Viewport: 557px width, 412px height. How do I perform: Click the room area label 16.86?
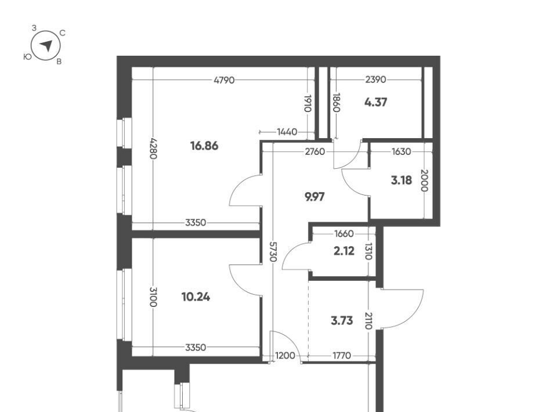(204, 146)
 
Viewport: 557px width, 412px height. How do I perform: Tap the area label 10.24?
(196, 297)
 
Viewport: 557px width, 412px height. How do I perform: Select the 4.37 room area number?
(375, 102)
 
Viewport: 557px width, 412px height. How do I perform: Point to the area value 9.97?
(314, 196)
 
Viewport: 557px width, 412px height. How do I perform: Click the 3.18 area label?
(402, 180)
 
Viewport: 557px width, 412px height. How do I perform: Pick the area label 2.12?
(344, 251)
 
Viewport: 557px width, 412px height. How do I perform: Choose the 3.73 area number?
(342, 321)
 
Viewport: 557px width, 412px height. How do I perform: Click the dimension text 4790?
(224, 80)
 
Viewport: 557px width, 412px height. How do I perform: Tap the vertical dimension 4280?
(153, 148)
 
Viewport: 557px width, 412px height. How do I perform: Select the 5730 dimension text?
(273, 251)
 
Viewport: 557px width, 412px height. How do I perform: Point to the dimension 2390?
(375, 79)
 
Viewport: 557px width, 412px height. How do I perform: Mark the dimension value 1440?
(287, 132)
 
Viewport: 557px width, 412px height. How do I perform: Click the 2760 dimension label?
(314, 151)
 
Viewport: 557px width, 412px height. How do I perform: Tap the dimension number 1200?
(285, 356)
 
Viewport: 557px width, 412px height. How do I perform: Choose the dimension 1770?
(342, 356)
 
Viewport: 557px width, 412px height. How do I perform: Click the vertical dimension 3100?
(153, 297)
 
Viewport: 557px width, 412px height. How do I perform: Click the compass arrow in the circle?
(46, 45)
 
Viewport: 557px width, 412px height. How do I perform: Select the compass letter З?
(34, 28)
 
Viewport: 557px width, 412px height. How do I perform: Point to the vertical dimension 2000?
(425, 180)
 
